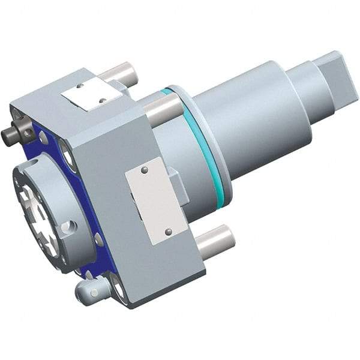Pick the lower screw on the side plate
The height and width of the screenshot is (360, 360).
[169, 232]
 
